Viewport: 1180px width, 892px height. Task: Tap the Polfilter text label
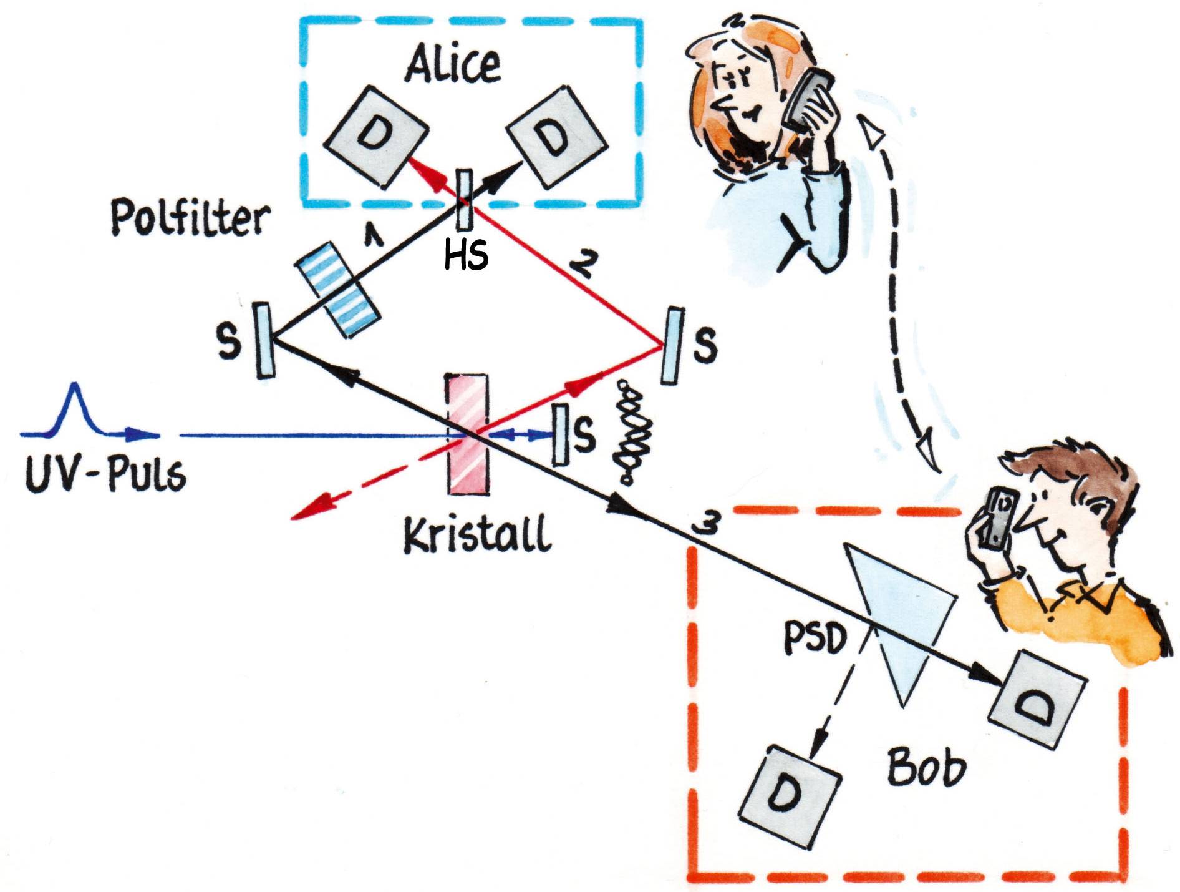point(190,218)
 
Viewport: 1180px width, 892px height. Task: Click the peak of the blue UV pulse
point(75,388)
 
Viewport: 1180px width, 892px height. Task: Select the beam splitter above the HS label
point(464,200)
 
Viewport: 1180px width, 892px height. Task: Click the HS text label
point(466,255)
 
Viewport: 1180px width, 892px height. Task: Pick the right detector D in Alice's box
point(556,137)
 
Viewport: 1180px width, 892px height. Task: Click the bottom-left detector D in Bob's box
point(789,796)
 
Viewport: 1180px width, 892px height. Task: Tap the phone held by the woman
point(807,100)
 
